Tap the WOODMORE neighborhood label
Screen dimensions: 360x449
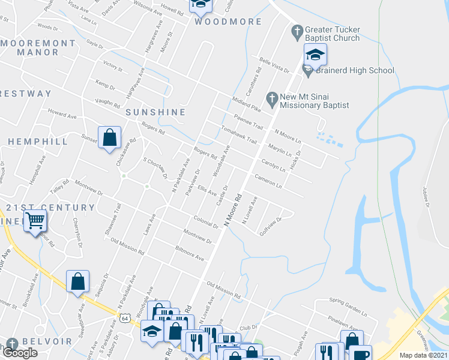(x=228, y=22)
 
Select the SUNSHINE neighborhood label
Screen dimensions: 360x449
(x=155, y=112)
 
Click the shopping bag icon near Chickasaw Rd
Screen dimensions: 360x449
(x=110, y=138)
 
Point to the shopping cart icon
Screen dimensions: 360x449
(x=35, y=221)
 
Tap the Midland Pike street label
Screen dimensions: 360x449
(x=247, y=104)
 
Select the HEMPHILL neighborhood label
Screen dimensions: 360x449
(x=38, y=142)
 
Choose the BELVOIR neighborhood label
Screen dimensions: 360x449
(x=47, y=341)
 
